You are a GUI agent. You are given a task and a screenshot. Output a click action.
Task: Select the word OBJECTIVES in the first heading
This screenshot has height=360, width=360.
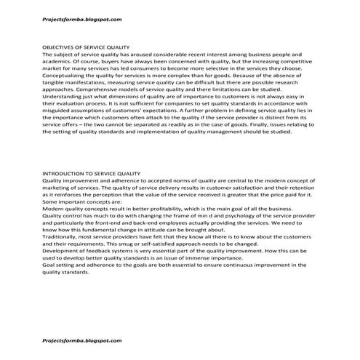click(x=60, y=47)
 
